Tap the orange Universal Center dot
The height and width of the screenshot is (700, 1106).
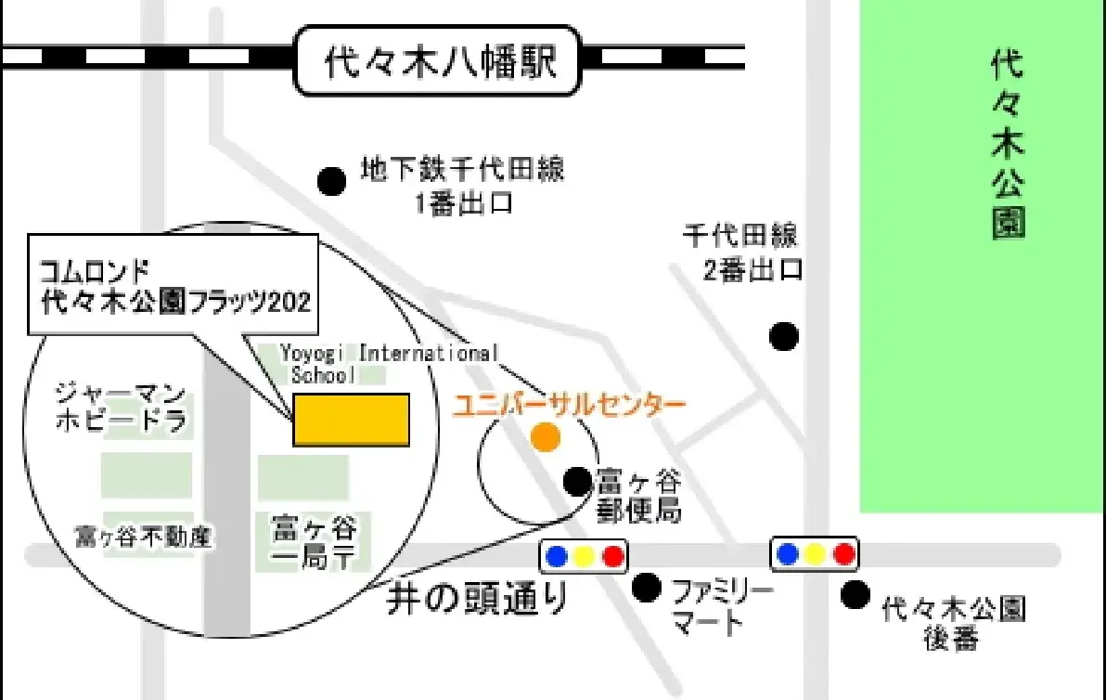tap(546, 436)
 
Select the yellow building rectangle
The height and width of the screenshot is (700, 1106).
tap(352, 420)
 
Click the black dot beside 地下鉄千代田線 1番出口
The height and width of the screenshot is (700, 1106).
tap(330, 181)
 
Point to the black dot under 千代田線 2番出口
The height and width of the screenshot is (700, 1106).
tap(784, 335)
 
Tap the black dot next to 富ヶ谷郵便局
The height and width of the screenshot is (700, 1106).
tap(577, 481)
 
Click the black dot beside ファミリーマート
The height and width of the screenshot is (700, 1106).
tap(646, 587)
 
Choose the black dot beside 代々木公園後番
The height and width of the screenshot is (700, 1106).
tap(855, 594)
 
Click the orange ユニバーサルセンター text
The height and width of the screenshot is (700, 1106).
tap(569, 406)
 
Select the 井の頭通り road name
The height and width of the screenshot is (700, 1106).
tap(478, 600)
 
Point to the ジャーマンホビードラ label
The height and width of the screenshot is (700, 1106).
tap(122, 406)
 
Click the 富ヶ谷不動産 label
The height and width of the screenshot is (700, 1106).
tap(145, 537)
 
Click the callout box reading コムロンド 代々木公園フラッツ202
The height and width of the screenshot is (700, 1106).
tap(174, 285)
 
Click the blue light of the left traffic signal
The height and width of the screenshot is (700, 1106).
tap(557, 556)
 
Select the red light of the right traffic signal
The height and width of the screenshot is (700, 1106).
tap(843, 554)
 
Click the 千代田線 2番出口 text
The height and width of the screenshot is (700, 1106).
tap(741, 252)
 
